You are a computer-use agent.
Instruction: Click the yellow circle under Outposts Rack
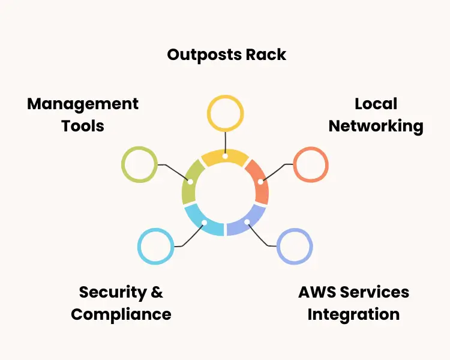point(225,113)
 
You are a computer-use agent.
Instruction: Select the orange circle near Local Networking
point(311,164)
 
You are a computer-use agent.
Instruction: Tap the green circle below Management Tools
point(139,164)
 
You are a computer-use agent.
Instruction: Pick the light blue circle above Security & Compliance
point(155,246)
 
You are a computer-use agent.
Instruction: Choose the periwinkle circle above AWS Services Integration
point(295,246)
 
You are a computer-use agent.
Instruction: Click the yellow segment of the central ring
point(225,157)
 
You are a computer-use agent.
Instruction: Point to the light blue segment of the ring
point(203,223)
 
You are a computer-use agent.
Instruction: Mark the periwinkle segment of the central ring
point(247,223)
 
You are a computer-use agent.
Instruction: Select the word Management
point(83,104)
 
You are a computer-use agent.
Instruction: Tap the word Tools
point(83,126)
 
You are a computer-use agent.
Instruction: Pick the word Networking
point(376,126)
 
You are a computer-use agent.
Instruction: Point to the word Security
point(113,292)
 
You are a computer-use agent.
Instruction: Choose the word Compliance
point(121,314)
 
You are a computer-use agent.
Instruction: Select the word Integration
point(353,314)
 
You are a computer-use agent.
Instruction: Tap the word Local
point(376,104)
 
